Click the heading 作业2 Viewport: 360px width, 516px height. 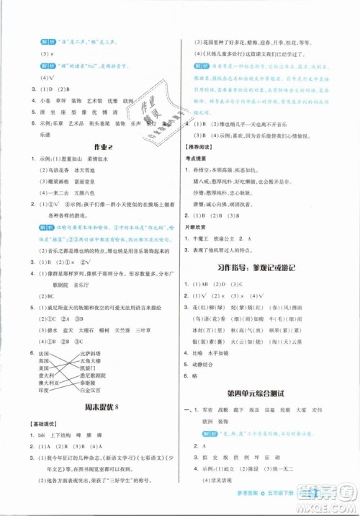(93, 144)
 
